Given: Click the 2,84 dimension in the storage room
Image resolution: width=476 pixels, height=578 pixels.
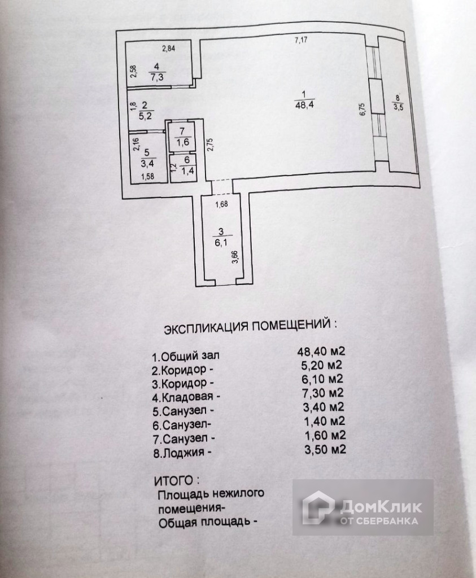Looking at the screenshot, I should pos(169,48).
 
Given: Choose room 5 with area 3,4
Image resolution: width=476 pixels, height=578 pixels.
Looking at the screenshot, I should pos(146,159).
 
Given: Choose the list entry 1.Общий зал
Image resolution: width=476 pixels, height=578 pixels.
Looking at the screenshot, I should pos(184,357).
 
